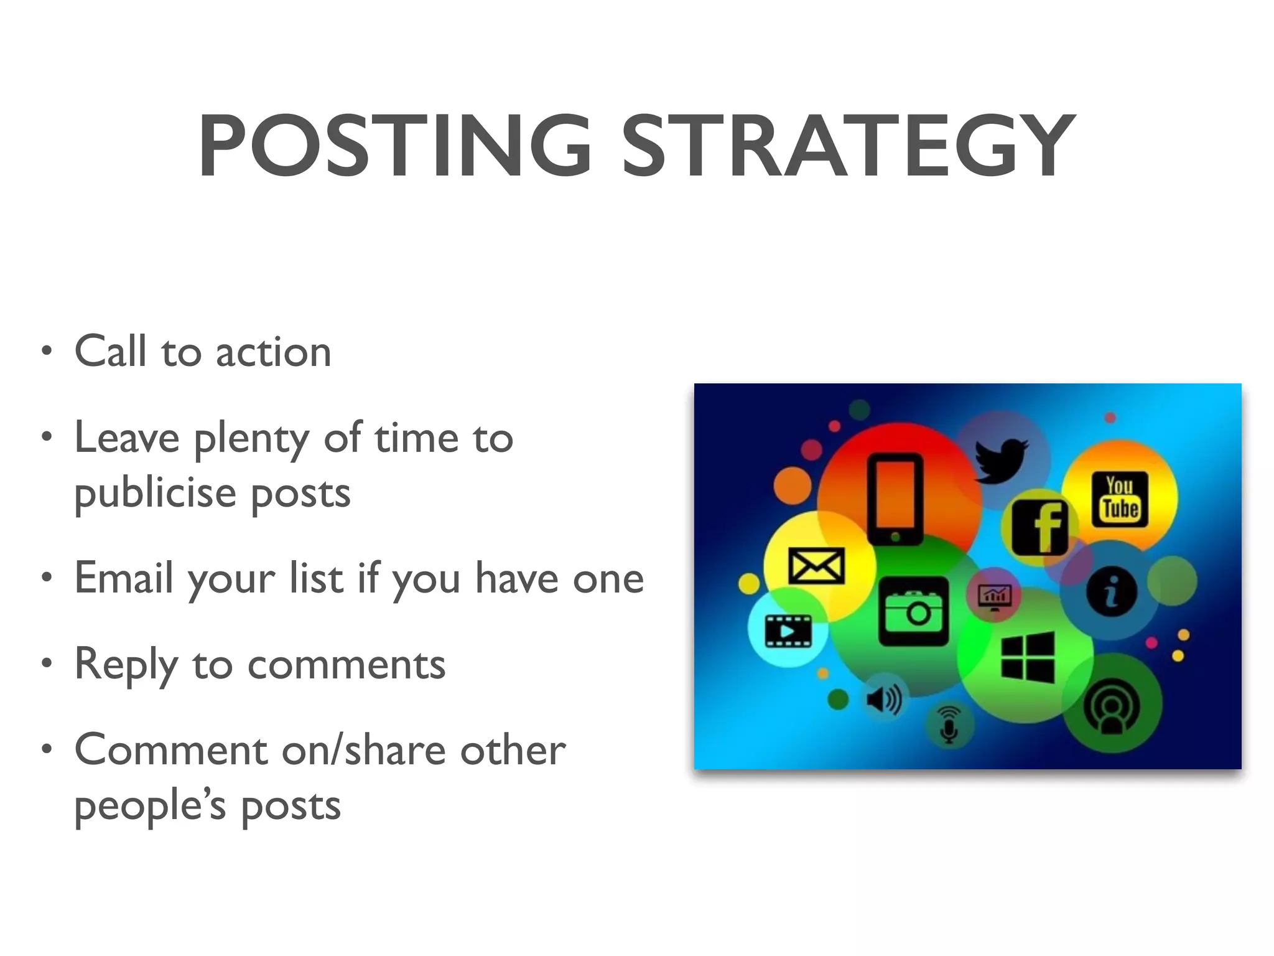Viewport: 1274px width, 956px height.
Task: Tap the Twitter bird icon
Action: (x=1000, y=461)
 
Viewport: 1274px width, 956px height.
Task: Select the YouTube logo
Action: (x=1120, y=499)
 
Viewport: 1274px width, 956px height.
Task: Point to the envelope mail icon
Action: (x=816, y=566)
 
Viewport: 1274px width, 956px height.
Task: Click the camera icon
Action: (x=913, y=611)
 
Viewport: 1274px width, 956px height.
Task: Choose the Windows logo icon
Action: (x=1028, y=657)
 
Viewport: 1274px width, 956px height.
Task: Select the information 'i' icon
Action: (x=1112, y=591)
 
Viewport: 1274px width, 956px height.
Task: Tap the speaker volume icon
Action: (x=884, y=700)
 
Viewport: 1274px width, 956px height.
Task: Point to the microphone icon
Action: (x=949, y=724)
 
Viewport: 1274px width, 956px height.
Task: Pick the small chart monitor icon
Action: (x=995, y=596)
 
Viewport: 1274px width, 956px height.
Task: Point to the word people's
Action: (x=149, y=807)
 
